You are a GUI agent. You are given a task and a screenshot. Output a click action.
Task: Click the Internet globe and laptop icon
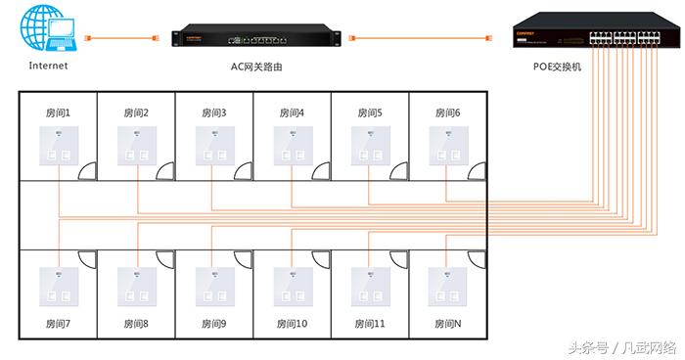(47, 30)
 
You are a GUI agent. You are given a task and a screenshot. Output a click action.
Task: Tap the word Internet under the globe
(48, 67)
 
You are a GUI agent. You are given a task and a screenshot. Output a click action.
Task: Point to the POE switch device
(599, 37)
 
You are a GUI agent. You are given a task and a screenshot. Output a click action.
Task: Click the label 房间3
(213, 112)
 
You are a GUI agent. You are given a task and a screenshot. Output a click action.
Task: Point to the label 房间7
(58, 323)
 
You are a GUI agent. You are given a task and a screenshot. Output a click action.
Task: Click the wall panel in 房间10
(292, 285)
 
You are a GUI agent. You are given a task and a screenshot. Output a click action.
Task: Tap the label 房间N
(447, 323)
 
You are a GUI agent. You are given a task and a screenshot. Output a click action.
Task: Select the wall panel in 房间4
(292, 146)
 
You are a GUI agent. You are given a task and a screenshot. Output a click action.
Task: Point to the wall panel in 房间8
(136, 285)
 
